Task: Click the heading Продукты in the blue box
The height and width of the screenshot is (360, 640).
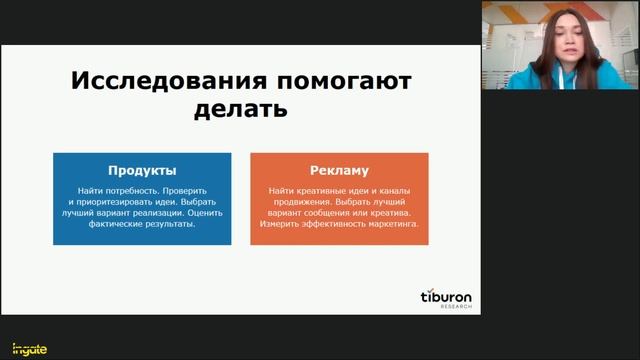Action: tap(142, 170)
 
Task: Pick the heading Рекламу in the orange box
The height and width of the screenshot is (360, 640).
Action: tap(339, 170)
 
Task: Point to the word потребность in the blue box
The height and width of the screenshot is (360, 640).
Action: tap(148, 190)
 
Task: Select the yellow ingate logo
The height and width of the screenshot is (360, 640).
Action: tap(22, 348)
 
